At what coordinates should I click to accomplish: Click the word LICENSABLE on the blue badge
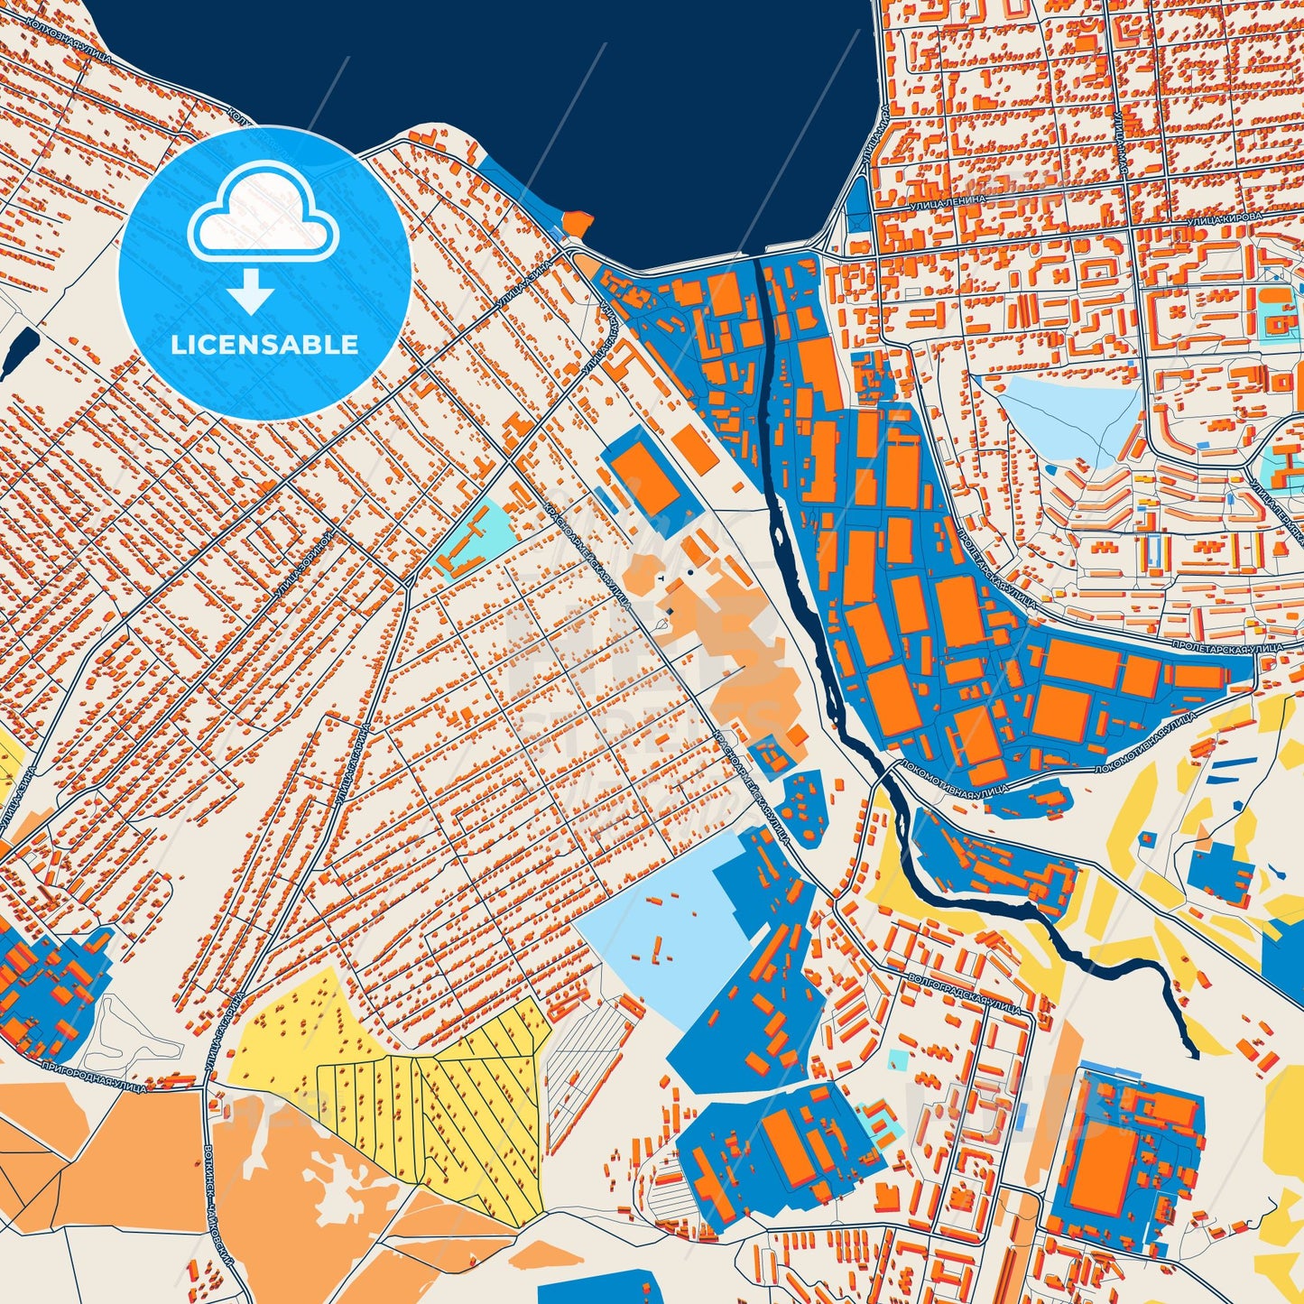click(264, 345)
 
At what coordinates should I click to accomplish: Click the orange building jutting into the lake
click(578, 222)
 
